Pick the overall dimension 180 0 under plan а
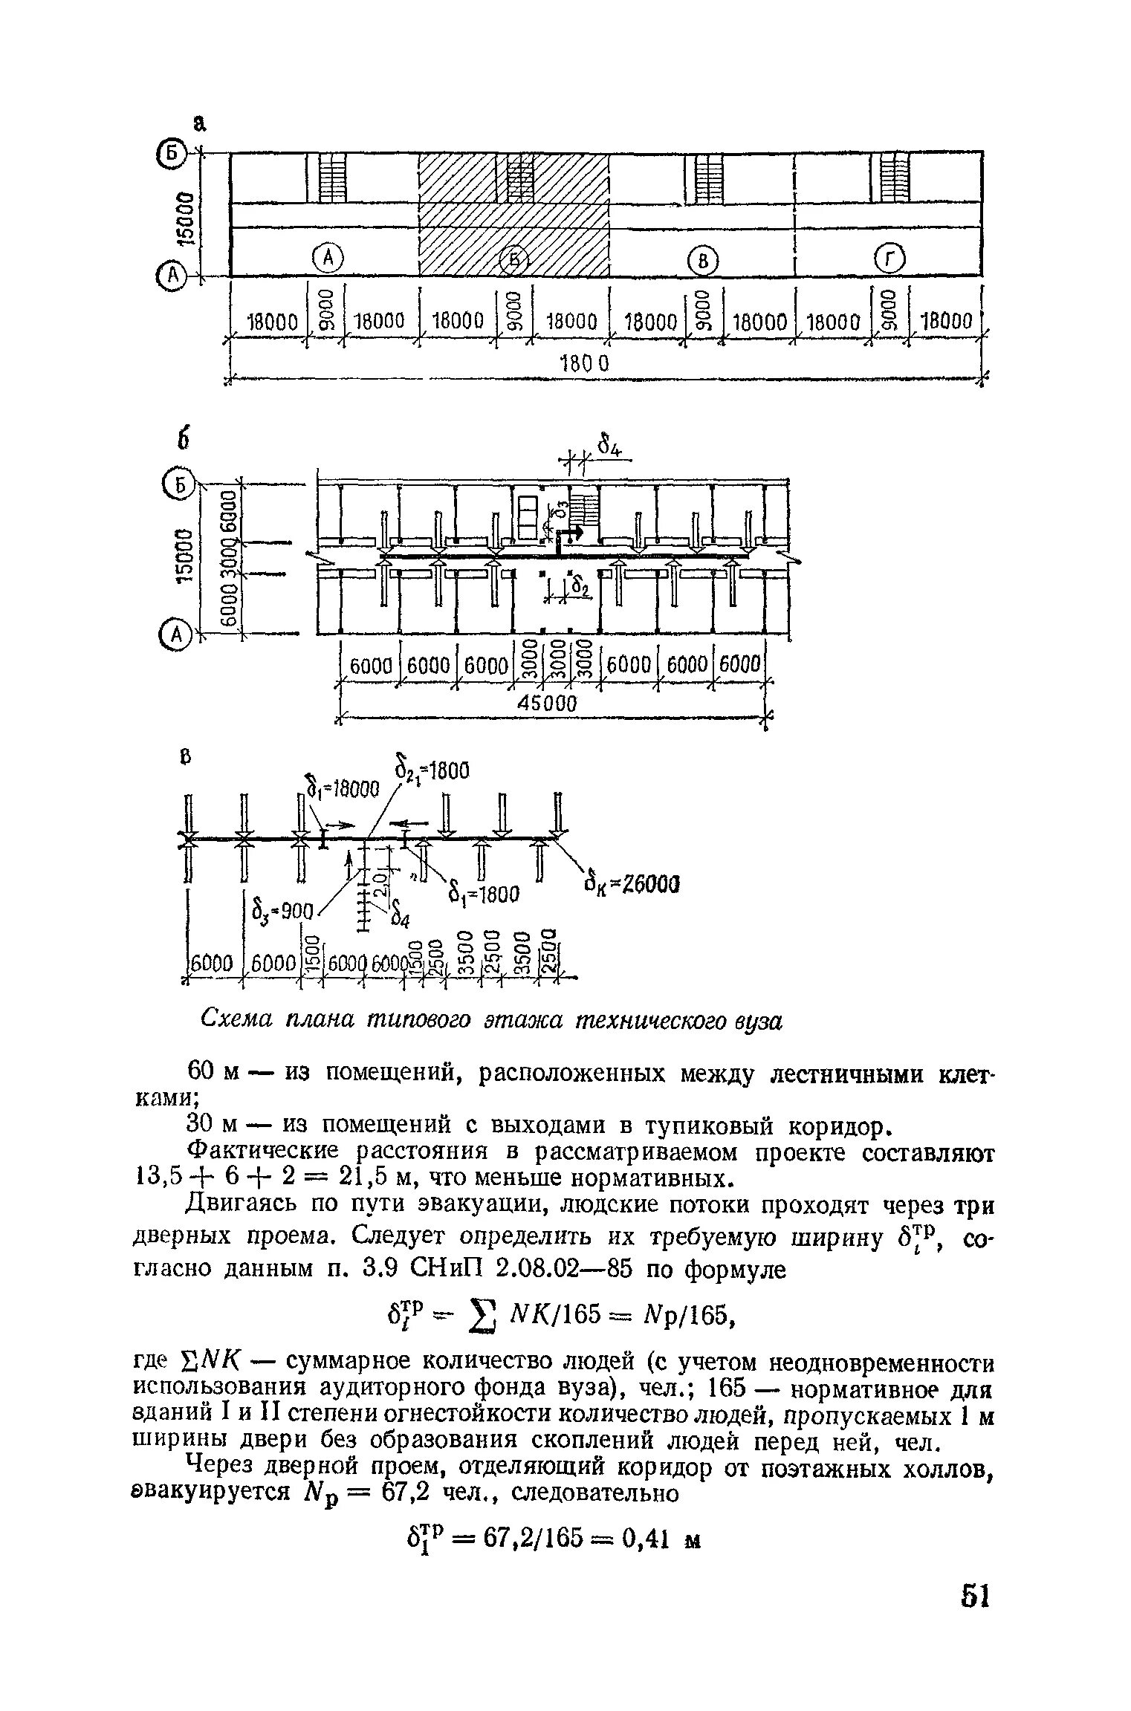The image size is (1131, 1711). coord(587,363)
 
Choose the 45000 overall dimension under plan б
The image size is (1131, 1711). coord(546,703)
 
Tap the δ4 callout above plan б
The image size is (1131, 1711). coord(611,447)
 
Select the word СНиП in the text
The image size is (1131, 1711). coord(448,1269)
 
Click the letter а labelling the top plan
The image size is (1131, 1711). coord(199,124)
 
